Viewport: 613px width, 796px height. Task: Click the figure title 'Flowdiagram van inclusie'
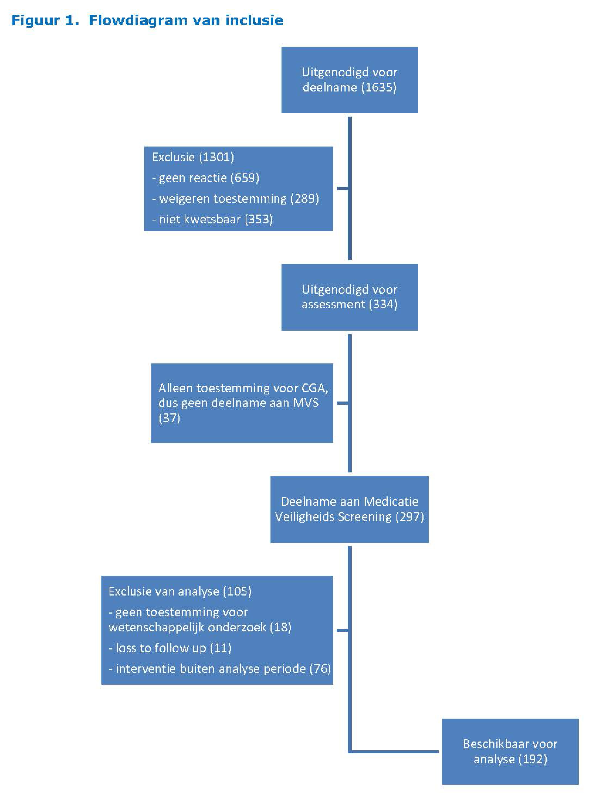pos(186,20)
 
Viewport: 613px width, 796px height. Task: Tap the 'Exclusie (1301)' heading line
pos(193,157)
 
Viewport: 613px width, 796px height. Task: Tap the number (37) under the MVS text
pos(169,418)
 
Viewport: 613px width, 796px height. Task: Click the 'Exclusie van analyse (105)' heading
pos(180,591)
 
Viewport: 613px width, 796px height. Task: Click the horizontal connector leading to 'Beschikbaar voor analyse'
pos(394,752)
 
